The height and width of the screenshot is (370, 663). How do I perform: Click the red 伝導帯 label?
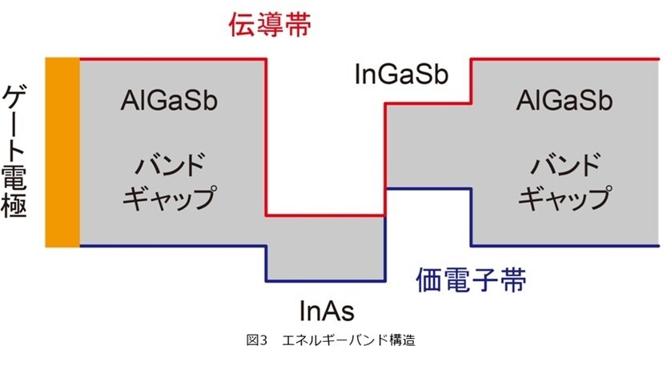[270, 24]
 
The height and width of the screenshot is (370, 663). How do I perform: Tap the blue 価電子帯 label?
[471, 280]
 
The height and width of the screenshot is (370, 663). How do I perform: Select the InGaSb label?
[401, 74]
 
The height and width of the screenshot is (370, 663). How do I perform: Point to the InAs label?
[327, 311]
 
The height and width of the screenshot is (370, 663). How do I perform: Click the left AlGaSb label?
[169, 101]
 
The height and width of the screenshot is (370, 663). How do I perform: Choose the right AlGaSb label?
[565, 101]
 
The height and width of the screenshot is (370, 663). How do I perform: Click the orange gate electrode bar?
[62, 152]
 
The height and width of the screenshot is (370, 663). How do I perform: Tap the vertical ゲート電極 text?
[14, 151]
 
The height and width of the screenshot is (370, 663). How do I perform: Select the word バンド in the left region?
[170, 164]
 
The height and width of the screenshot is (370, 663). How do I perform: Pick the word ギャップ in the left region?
[169, 198]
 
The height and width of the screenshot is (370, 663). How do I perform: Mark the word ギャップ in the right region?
[565, 198]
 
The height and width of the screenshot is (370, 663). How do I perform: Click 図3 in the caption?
[257, 340]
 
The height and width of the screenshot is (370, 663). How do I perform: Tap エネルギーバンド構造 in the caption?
[348, 340]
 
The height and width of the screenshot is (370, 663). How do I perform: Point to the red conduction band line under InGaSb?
[428, 103]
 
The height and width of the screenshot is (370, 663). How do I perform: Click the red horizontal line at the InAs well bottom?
[326, 216]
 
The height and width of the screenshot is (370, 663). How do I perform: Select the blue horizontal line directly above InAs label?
[326, 280]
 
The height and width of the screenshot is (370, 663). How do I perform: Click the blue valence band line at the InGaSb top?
[428, 188]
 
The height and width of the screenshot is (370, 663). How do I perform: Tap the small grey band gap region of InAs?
[326, 248]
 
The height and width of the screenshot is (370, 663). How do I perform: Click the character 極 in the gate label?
[14, 205]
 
